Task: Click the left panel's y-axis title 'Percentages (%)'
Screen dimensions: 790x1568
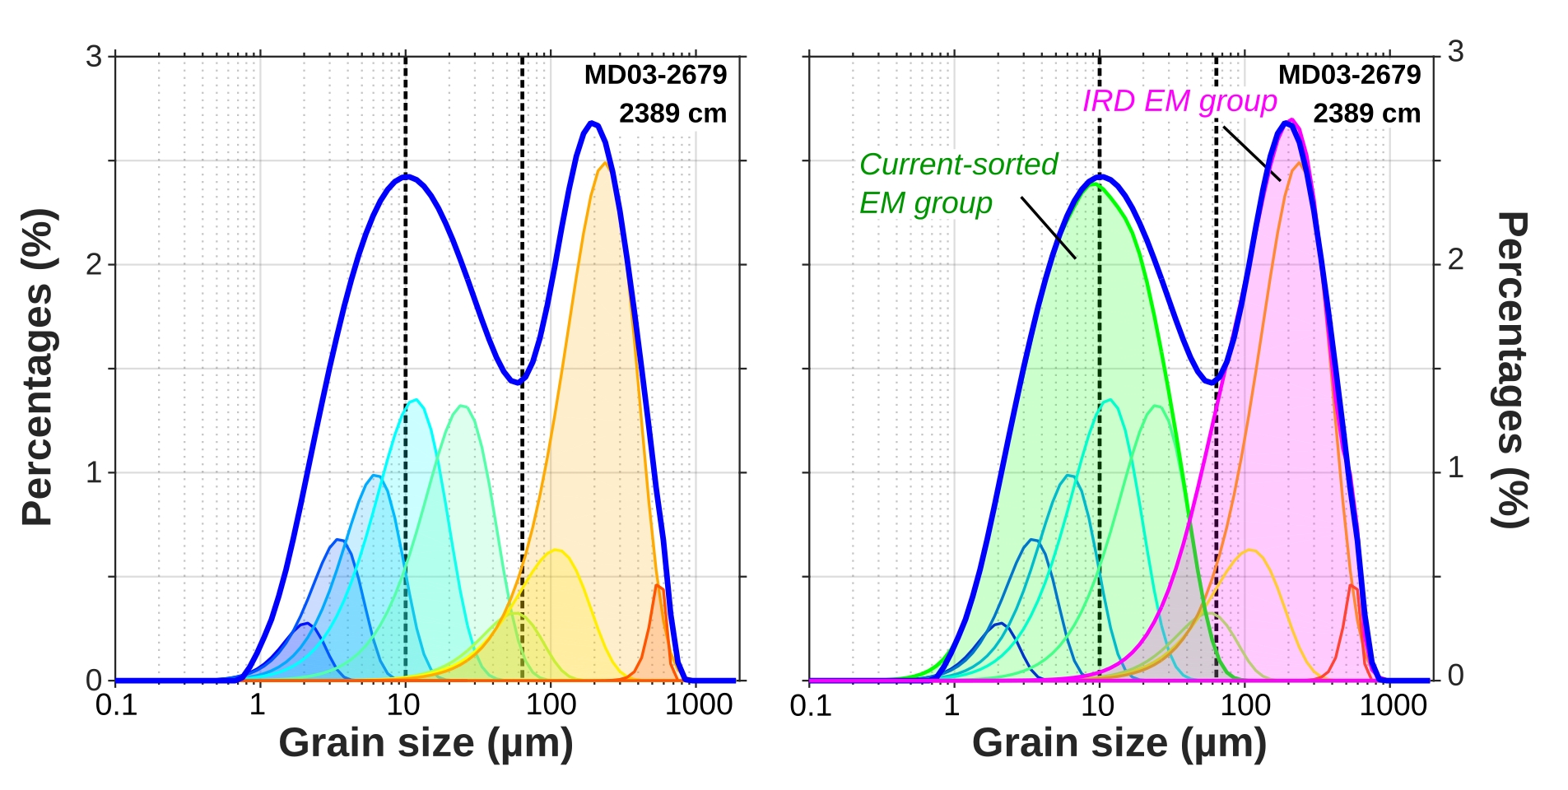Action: point(38,367)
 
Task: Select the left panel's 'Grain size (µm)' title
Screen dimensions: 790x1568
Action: point(426,743)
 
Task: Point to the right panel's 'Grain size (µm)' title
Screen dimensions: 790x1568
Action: point(1119,743)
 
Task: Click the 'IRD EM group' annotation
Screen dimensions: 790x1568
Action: point(1179,101)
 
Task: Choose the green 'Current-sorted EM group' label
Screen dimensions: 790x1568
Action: point(957,184)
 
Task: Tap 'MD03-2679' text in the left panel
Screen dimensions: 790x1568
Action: point(655,75)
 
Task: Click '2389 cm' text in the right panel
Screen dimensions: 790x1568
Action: point(1366,114)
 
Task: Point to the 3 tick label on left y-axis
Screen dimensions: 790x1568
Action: point(95,57)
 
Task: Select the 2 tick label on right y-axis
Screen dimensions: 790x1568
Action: point(1455,260)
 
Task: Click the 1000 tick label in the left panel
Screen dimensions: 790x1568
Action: point(699,704)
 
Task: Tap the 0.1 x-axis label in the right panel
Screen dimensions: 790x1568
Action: point(810,705)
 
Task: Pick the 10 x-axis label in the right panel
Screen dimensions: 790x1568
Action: point(1097,705)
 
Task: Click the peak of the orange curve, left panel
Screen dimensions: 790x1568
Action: point(605,163)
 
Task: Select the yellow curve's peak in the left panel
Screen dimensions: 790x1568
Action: point(556,550)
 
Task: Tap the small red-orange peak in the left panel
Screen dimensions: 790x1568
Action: point(657,585)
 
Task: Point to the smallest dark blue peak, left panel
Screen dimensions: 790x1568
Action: point(306,624)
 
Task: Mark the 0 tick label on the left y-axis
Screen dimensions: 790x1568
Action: point(95,681)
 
